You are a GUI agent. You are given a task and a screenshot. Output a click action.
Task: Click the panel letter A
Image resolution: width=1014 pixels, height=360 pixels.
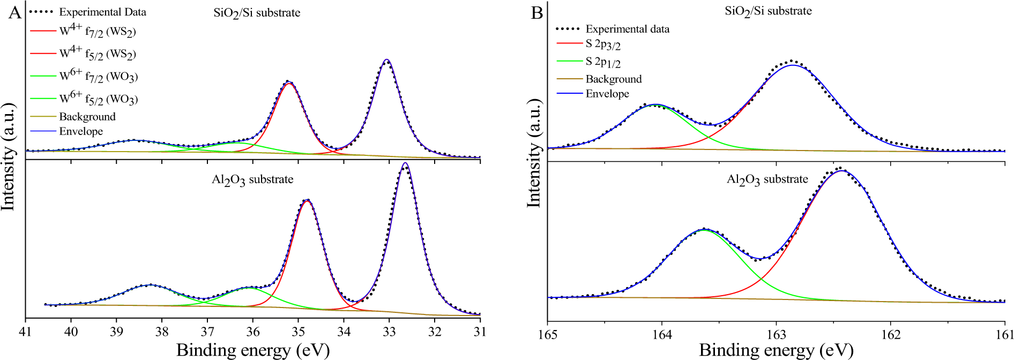15,12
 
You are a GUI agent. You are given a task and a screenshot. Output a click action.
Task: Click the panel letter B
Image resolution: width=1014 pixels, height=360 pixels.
536,12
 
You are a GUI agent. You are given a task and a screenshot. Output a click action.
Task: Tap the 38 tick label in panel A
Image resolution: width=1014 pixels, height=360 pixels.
162,332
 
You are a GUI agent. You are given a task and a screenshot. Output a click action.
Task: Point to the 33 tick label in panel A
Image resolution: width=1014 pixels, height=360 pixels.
390,332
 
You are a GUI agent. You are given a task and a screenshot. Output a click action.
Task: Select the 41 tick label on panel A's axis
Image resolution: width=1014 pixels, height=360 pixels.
25,332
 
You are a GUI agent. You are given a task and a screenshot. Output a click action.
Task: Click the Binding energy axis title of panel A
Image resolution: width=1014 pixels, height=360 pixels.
252,350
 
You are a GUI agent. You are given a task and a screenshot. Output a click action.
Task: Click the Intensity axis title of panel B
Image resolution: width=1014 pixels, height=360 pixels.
534,153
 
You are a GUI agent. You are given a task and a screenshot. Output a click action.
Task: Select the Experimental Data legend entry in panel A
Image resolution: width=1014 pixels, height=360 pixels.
102,12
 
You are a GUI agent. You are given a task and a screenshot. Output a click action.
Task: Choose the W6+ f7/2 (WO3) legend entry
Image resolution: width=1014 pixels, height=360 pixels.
98,77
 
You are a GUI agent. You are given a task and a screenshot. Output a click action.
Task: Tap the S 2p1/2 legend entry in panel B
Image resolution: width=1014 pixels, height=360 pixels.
603,62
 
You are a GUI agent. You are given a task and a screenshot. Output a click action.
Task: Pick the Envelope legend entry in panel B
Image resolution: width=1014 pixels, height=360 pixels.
607,94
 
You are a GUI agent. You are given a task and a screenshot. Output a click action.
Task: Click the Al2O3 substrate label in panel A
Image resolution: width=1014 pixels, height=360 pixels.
252,180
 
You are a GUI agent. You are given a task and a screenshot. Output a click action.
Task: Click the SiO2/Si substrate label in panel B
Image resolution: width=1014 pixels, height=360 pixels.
768,11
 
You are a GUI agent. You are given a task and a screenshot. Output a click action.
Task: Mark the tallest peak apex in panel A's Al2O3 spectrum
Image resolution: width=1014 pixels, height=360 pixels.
405,163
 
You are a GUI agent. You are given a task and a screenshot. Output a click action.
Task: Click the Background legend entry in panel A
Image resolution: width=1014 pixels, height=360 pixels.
87,117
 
